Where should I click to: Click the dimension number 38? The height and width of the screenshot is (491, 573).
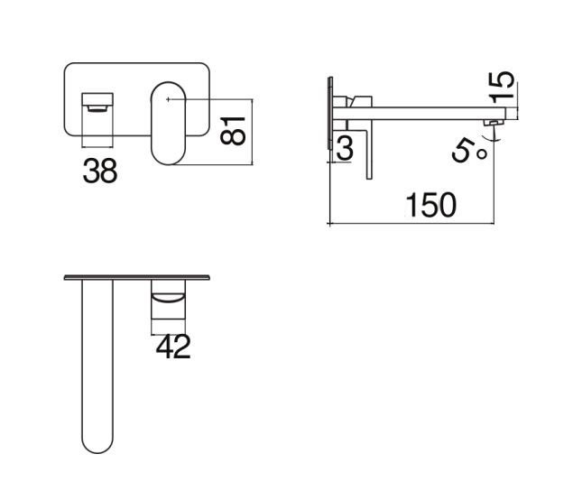100,171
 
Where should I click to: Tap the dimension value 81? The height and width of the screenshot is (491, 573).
233,131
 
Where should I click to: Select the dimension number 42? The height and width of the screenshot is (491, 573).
173,347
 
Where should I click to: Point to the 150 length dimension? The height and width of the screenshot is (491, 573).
431,205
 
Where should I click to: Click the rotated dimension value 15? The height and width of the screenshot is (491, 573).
502,88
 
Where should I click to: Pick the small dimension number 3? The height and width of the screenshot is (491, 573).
344,148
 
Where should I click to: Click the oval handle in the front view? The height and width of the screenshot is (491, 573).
169,124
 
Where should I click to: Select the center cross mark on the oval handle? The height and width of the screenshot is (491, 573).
168,99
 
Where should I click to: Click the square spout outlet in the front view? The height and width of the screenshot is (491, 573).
97,102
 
